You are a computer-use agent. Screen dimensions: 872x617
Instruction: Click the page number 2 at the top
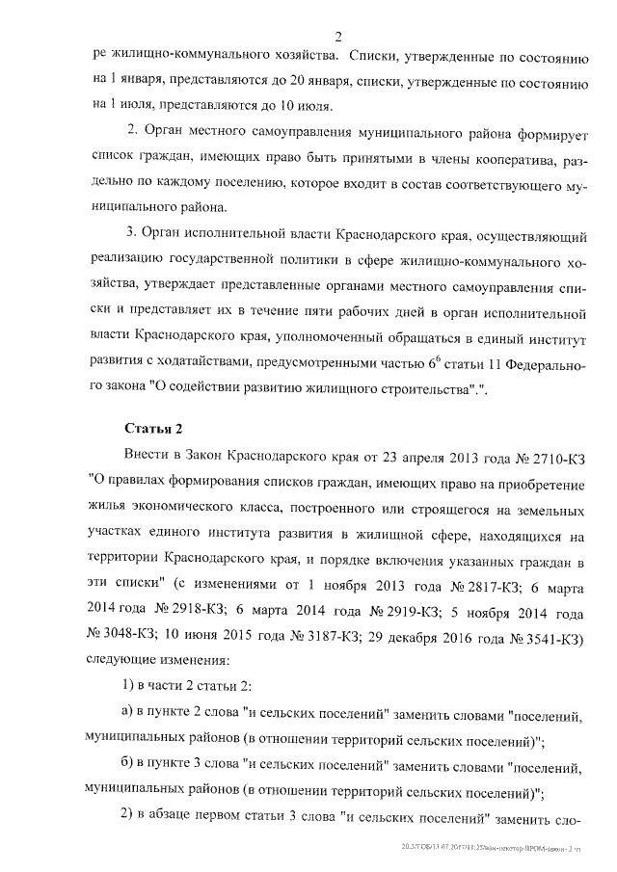[338, 37]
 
